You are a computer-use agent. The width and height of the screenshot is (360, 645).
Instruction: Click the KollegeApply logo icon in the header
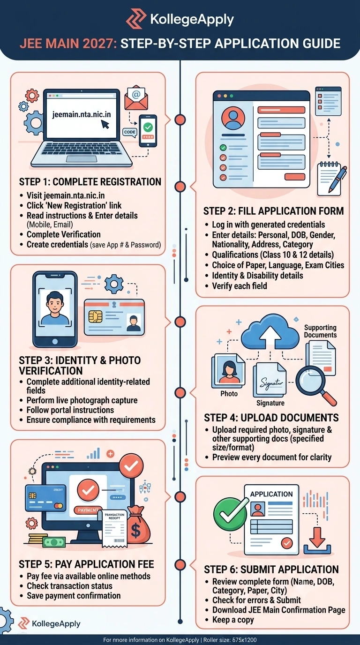pyautogui.click(x=136, y=18)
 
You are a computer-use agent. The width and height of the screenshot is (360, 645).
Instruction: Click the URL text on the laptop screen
pyautogui.click(x=82, y=114)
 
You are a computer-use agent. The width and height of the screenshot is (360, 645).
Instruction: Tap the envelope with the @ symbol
pyautogui.click(x=136, y=97)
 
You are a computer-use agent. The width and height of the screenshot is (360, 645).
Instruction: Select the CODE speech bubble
pyautogui.click(x=129, y=132)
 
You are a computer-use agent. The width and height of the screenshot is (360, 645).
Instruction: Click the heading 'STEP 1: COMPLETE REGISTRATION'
pyautogui.click(x=90, y=182)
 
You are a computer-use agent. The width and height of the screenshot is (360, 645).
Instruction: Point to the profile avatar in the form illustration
pyautogui.click(x=233, y=118)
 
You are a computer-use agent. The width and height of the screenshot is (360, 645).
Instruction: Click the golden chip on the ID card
pyautogui.click(x=95, y=316)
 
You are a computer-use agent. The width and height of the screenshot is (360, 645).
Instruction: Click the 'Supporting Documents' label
pyautogui.click(x=320, y=331)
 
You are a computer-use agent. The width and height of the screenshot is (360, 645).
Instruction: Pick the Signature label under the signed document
pyautogui.click(x=270, y=403)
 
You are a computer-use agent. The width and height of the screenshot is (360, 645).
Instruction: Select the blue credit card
pyautogui.click(x=45, y=498)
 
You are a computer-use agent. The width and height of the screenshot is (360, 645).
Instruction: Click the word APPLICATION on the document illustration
pyautogui.click(x=271, y=494)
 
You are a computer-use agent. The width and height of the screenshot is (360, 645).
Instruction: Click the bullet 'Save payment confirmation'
pyautogui.click(x=74, y=595)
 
